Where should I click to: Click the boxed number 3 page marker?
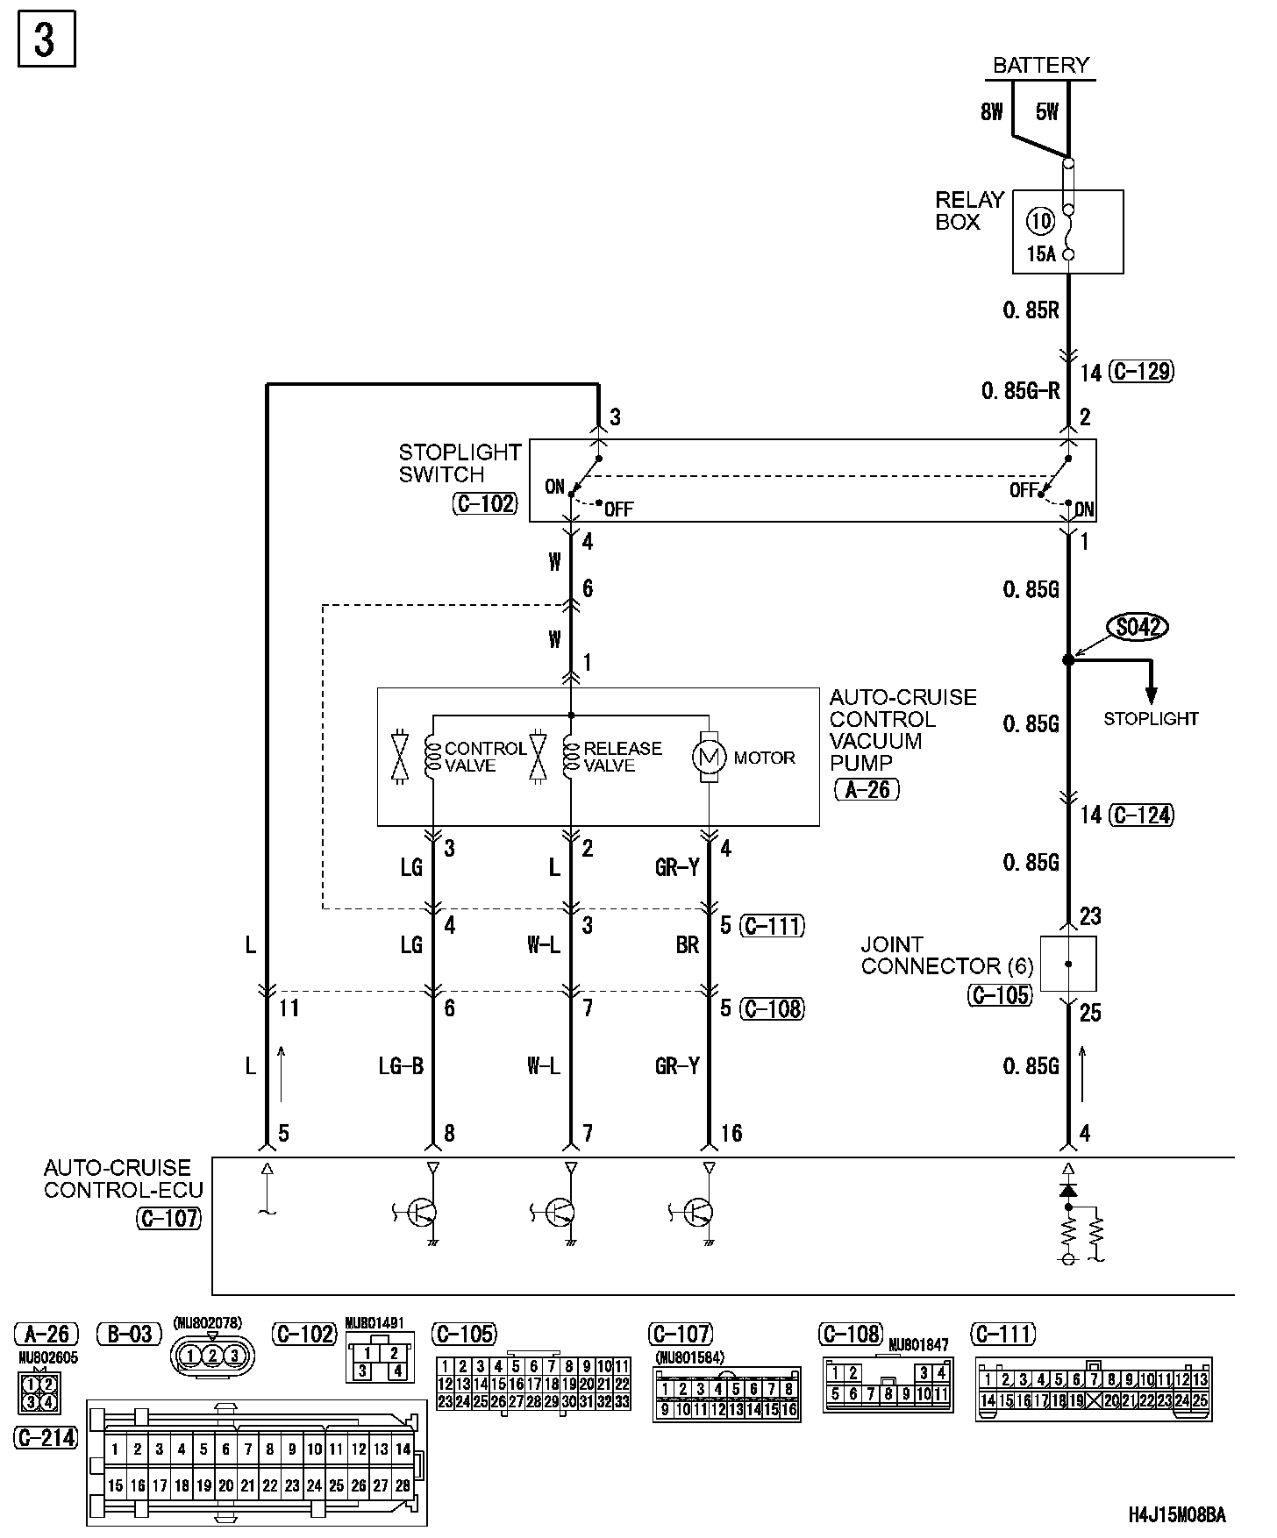coord(46,39)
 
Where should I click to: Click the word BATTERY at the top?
coord(1040,65)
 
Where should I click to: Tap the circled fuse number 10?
coord(1040,220)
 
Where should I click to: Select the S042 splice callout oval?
coord(1139,627)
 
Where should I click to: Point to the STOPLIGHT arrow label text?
coord(1150,719)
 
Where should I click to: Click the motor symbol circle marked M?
coord(708,757)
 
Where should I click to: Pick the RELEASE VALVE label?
coord(622,757)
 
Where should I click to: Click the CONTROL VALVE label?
coord(485,757)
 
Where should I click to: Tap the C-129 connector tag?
coord(1140,372)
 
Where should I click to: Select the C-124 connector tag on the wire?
coord(1140,815)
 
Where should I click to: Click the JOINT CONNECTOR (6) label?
coord(946,956)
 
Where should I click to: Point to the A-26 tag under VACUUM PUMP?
coord(867,790)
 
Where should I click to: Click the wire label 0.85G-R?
coord(1021,391)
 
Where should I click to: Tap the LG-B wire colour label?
coord(401,1066)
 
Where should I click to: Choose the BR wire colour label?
coord(688,945)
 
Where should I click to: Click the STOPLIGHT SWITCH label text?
coord(460,463)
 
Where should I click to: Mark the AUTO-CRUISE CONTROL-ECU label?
coord(123,1178)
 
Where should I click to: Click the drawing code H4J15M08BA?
coord(1176,1514)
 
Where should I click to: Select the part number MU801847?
coord(918,1345)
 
